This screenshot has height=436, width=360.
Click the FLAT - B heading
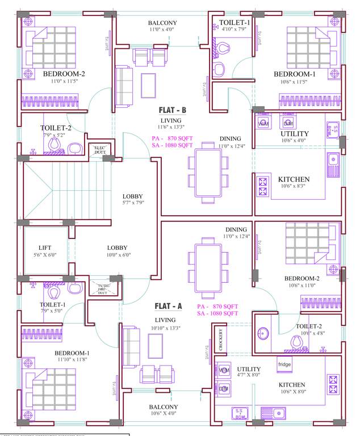tap(170, 110)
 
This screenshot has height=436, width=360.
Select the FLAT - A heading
tap(168, 306)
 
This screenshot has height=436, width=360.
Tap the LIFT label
tap(45, 248)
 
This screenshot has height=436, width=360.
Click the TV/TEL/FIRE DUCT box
tap(102, 289)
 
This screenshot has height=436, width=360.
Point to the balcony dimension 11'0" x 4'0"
tap(163, 29)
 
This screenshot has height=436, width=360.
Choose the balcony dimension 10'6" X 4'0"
tap(164, 414)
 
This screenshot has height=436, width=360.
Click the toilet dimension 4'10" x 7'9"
tap(233, 29)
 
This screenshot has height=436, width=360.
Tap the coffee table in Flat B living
tap(149, 85)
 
